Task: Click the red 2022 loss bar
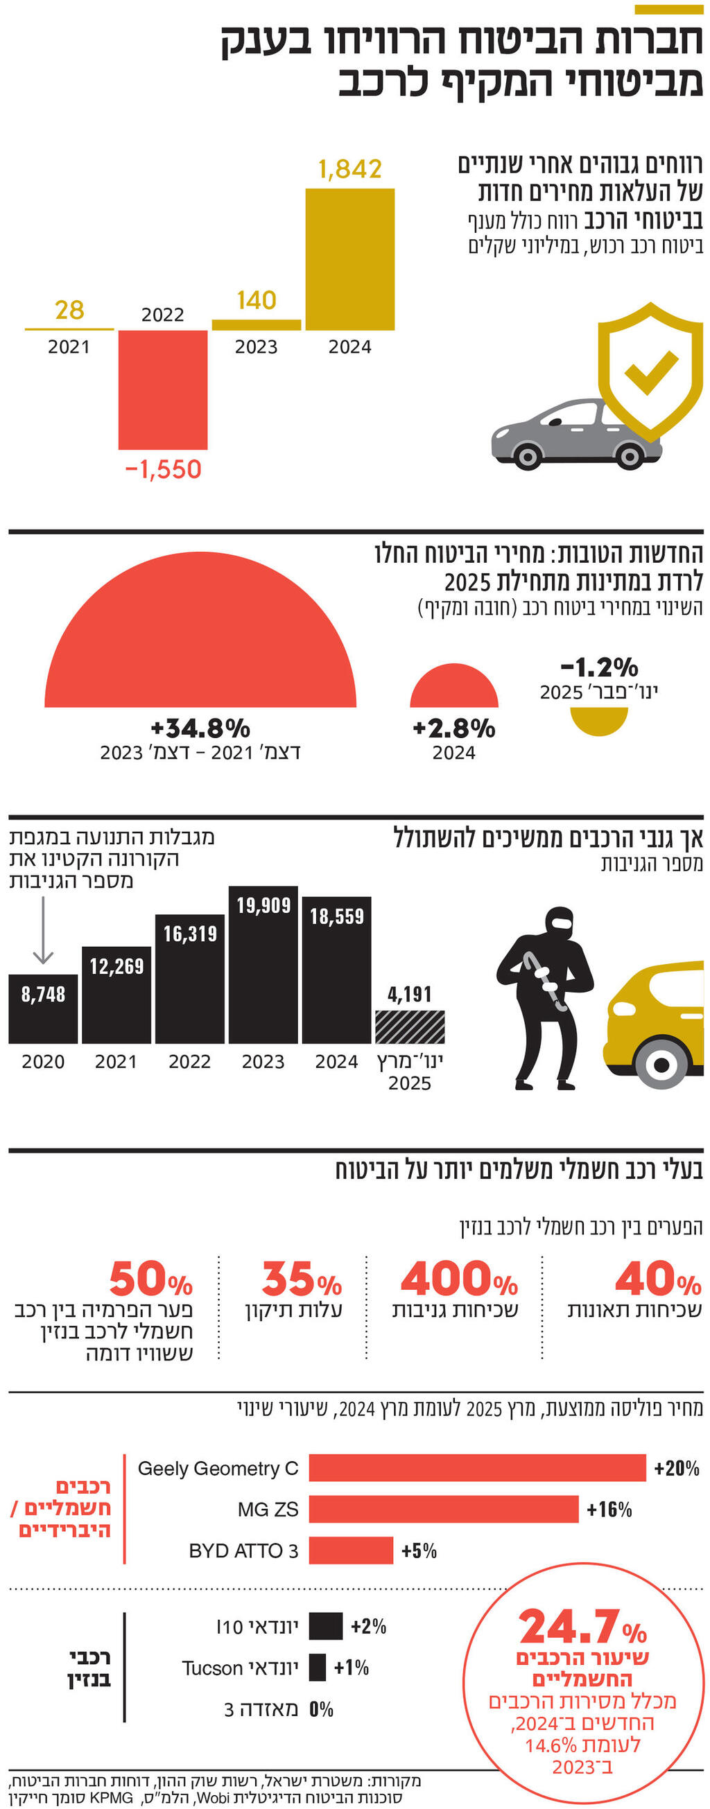162,389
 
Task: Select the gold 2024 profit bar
349,259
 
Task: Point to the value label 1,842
349,169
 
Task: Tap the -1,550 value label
163,469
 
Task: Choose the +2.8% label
453,728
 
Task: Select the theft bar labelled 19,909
263,965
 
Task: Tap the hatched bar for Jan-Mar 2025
409,1026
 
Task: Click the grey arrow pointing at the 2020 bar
44,930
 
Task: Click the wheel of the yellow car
660,1064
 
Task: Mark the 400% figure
458,1279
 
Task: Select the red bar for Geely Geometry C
477,1468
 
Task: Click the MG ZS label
268,1509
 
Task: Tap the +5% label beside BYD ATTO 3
419,1550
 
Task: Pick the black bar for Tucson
318,1667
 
